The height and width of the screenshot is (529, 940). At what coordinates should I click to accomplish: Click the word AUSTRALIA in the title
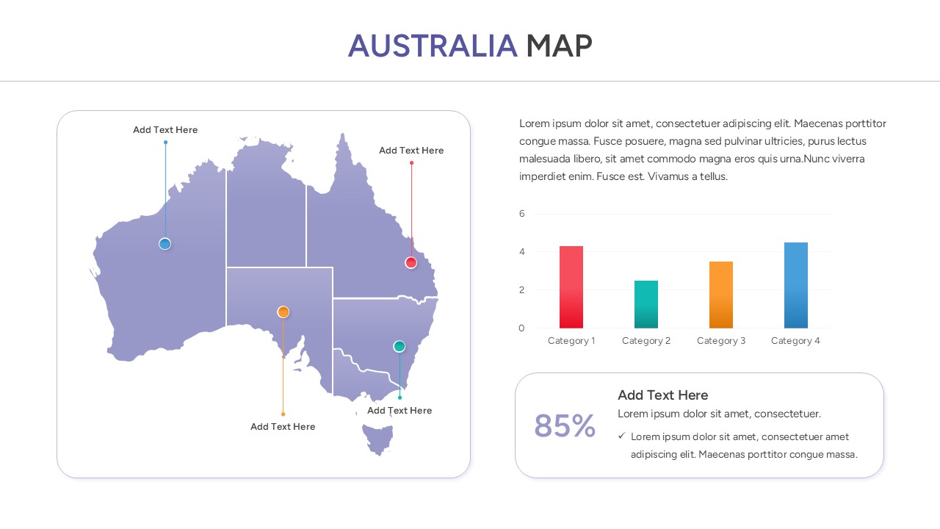pos(433,46)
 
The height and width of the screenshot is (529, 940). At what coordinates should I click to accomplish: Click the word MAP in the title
pos(559,46)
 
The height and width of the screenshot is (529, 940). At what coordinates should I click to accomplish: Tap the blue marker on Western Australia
pos(165,244)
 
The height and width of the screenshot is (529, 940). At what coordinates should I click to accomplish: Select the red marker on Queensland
pos(411,262)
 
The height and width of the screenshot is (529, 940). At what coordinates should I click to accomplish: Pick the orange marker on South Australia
pos(283,312)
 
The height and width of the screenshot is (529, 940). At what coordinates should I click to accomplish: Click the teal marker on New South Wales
pos(399,346)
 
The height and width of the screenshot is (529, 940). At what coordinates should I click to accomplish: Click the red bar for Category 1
pos(571,287)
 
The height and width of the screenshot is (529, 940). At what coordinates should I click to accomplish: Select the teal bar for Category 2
pos(646,304)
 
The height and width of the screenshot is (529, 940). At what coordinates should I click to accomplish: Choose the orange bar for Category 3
pos(721,295)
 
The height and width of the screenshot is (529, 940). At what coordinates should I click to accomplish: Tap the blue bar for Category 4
pos(796,285)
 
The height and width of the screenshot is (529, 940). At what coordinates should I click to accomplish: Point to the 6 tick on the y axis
pos(522,214)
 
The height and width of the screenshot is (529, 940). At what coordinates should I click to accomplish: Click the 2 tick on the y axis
pos(522,290)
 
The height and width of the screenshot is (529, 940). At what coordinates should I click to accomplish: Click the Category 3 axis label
pos(721,341)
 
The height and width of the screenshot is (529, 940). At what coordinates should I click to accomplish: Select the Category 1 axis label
pos(571,341)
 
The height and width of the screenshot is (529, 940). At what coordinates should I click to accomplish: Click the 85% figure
pos(565,426)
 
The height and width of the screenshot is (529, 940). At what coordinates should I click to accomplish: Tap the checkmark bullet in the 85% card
pos(621,436)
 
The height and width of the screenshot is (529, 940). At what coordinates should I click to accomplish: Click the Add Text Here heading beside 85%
pos(662,395)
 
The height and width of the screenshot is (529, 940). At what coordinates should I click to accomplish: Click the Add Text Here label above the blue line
pos(165,130)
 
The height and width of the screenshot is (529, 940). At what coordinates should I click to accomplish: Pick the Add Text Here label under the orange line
pos(283,427)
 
